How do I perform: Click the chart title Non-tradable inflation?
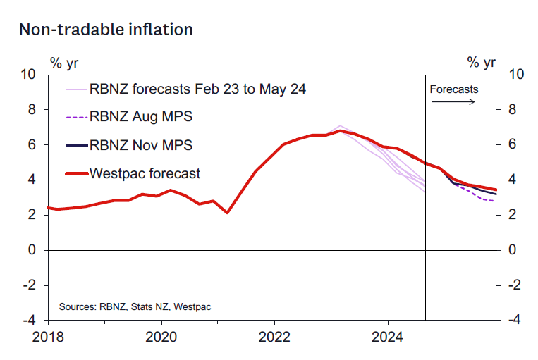click(x=105, y=29)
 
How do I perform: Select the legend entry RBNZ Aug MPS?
click(x=141, y=116)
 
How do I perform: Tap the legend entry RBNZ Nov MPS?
click(x=141, y=144)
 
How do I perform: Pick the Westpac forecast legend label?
click(x=145, y=173)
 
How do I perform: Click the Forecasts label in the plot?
click(x=454, y=89)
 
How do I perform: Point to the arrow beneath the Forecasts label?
click(x=453, y=102)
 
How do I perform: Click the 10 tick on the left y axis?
click(x=28, y=74)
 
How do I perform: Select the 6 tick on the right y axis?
click(x=512, y=144)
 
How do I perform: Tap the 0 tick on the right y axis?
click(x=512, y=250)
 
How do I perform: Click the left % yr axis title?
click(x=64, y=62)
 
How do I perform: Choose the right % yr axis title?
click(x=482, y=62)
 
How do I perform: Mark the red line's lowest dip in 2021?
click(x=227, y=213)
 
